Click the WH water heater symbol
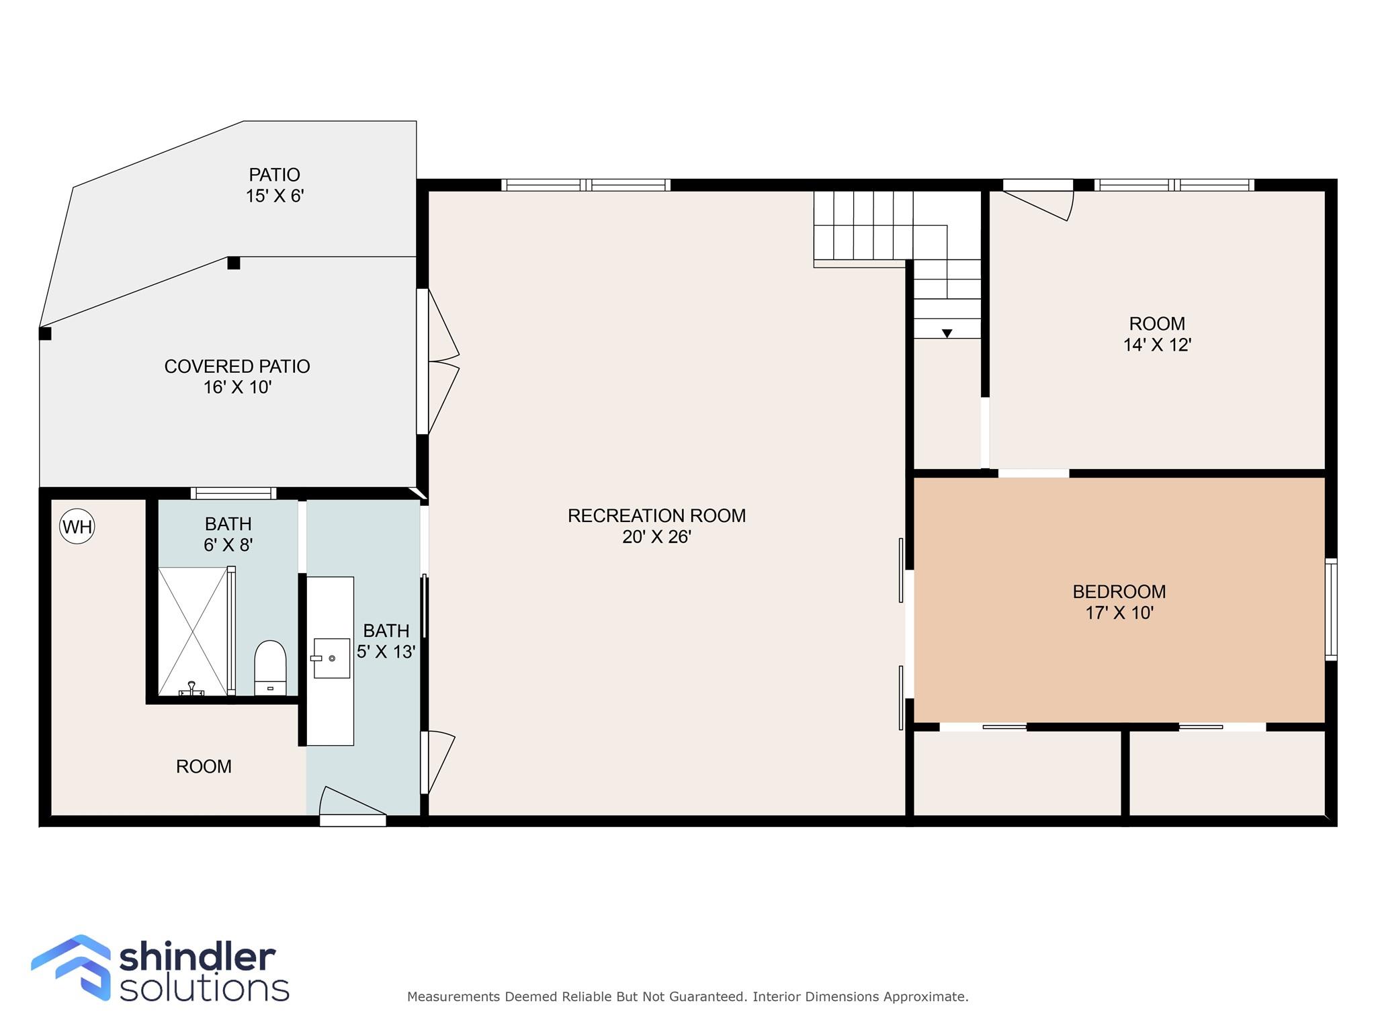coord(77,527)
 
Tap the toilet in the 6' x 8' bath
coord(271,667)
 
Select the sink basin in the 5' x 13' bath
coord(332,658)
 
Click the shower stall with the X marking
coord(193,631)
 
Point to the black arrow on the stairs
coord(947,333)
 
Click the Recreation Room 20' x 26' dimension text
coord(656,537)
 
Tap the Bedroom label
coord(1119,591)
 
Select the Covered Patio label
coord(237,366)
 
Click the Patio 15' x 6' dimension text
coord(275,196)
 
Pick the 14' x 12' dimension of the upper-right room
coord(1157,345)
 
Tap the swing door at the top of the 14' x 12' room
coord(1038,200)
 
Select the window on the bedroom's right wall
coord(1330,609)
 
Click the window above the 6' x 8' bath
coord(233,493)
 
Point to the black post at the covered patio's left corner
coord(45,333)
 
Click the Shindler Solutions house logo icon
coord(72,966)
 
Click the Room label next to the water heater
coord(204,766)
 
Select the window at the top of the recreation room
coord(586,185)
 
